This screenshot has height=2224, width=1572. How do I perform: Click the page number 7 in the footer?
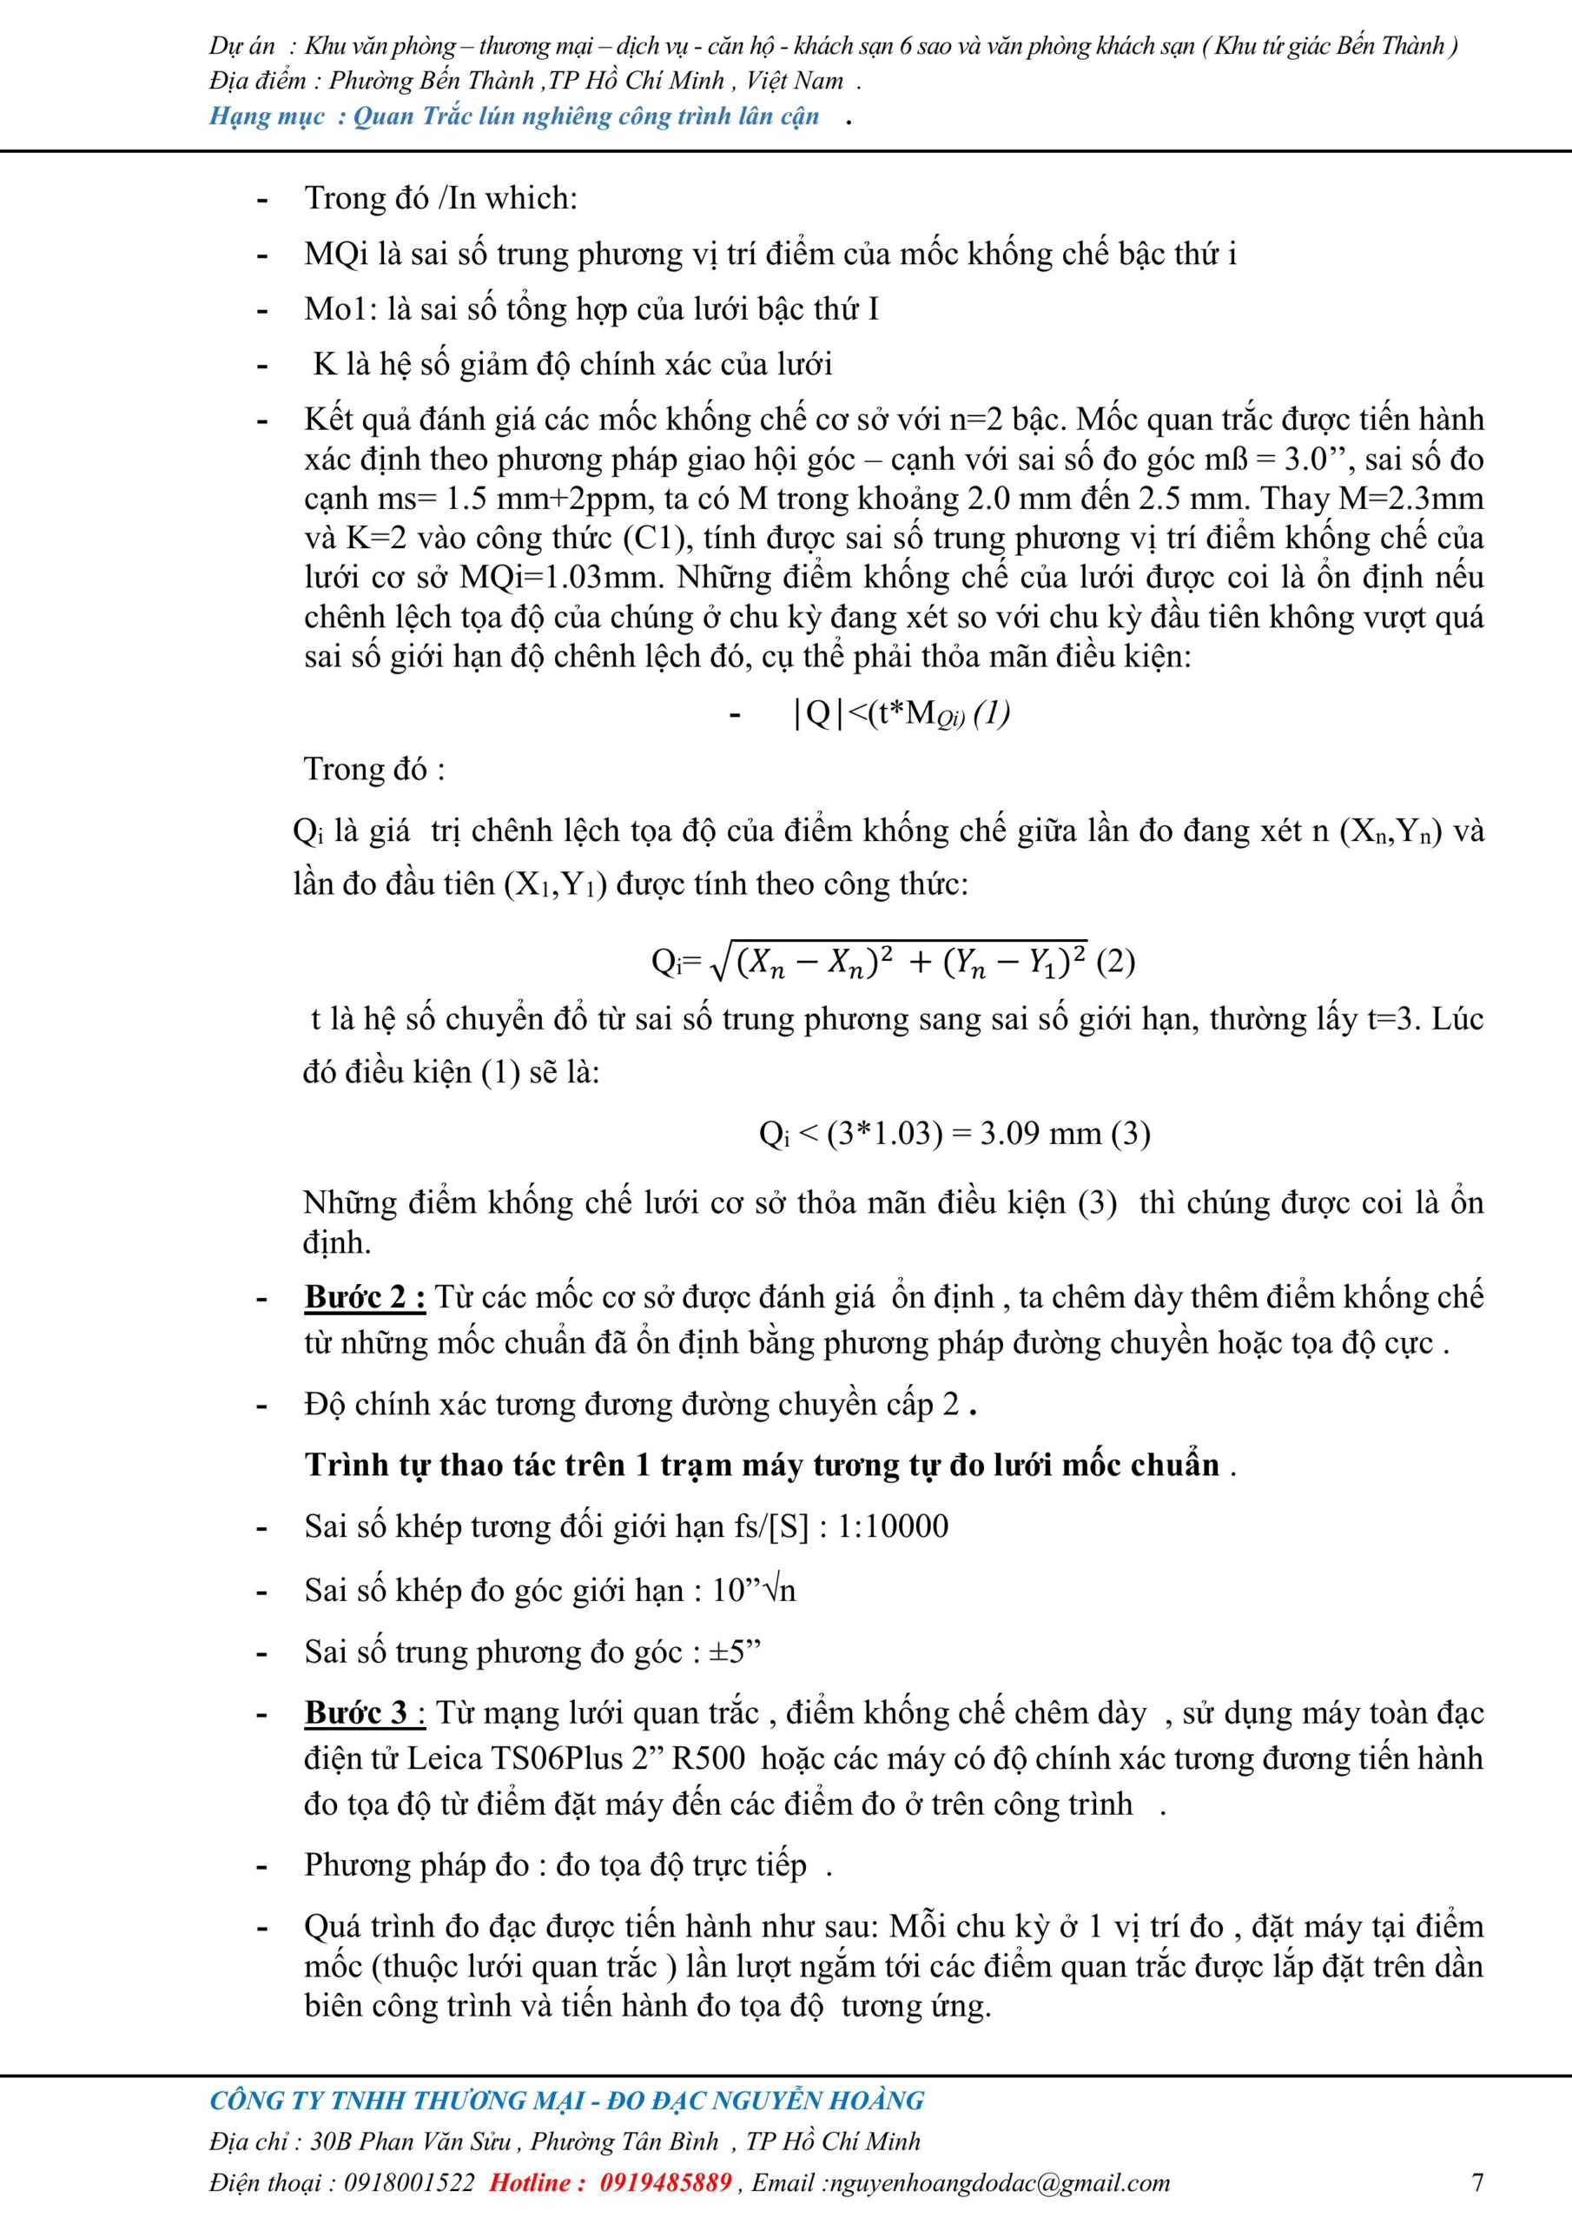point(1477,2182)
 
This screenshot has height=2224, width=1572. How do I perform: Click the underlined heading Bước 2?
point(365,1298)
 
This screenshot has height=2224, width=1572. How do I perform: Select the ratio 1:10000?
point(893,1526)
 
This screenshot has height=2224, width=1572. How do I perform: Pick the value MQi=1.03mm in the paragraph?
point(560,578)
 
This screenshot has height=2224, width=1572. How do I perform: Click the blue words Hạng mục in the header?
point(268,117)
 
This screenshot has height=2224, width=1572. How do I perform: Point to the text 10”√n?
point(754,1590)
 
